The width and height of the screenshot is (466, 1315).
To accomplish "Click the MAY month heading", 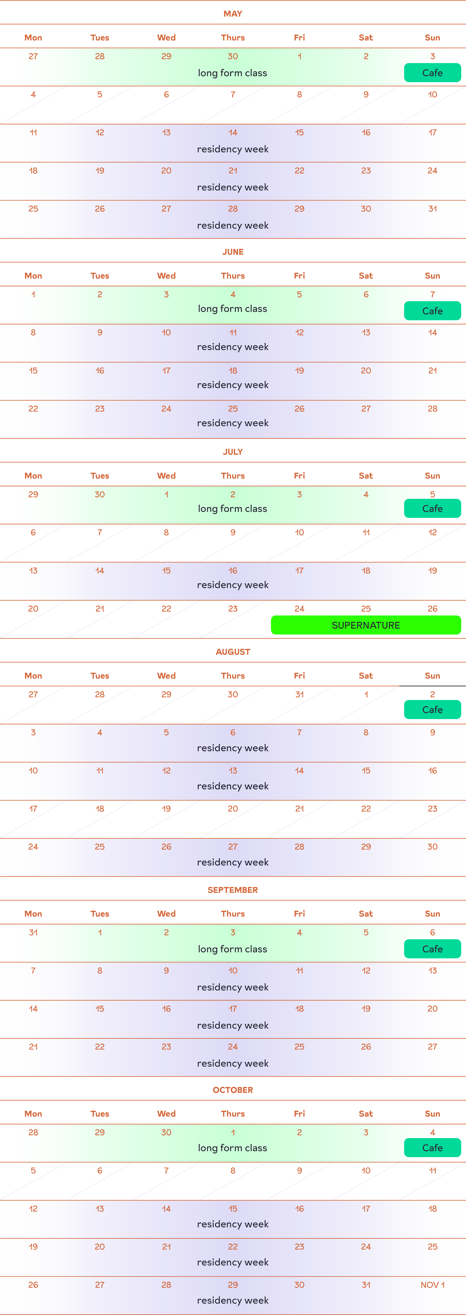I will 233,14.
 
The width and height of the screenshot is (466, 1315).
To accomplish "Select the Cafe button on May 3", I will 432,73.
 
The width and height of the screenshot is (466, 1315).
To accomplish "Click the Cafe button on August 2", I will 432,710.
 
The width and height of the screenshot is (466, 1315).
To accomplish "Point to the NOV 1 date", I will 432,1285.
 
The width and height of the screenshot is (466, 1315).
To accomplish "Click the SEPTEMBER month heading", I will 233,890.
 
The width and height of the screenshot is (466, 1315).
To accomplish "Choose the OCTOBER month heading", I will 233,1090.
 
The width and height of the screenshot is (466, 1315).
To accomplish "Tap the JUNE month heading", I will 233,252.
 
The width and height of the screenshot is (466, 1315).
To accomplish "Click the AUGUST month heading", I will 233,652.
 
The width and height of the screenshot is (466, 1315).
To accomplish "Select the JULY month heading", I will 233,452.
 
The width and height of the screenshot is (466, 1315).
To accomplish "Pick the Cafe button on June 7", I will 432,311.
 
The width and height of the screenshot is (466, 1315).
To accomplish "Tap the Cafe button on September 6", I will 432,949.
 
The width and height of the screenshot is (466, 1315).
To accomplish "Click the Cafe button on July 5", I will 432,509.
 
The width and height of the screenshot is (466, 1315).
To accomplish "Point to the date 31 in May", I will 432,209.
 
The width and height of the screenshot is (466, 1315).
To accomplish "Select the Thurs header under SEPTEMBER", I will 233,914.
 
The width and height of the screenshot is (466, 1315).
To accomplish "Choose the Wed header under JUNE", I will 166,276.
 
